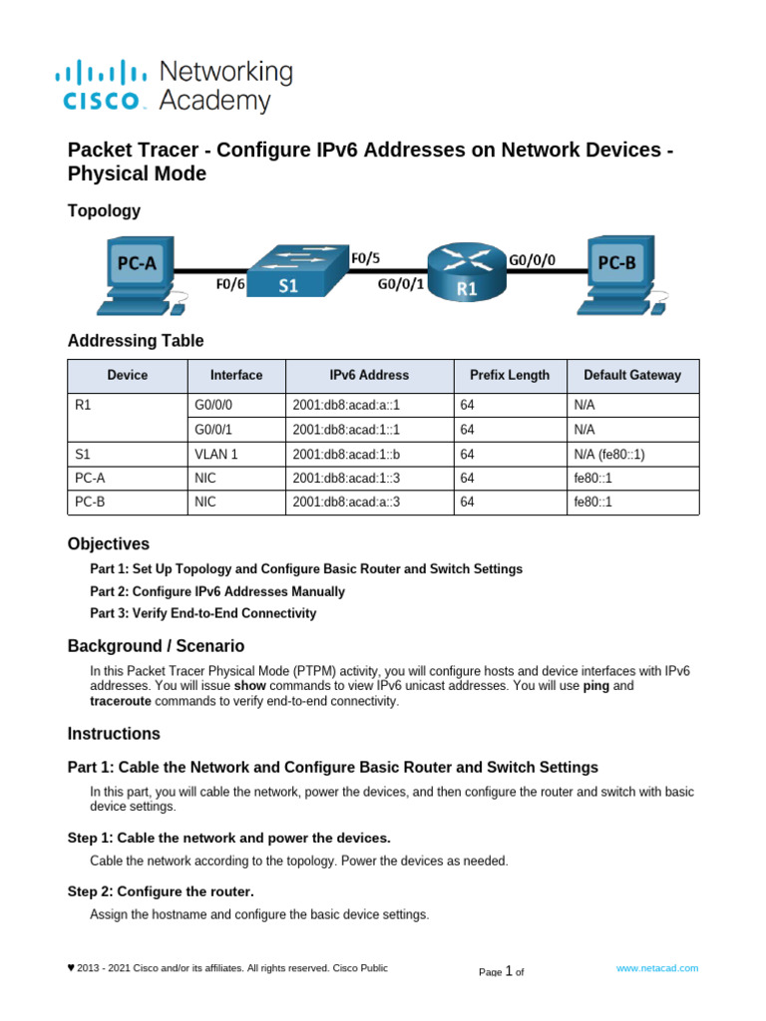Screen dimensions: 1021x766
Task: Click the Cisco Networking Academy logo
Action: pyautogui.click(x=174, y=86)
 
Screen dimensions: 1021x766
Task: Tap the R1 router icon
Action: pyautogui.click(x=467, y=270)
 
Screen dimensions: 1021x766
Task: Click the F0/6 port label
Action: pyautogui.click(x=231, y=283)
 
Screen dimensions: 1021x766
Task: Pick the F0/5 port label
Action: pyautogui.click(x=366, y=257)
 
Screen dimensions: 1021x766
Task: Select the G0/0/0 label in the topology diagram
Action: pyautogui.click(x=533, y=259)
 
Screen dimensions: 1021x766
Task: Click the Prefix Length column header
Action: pyautogui.click(x=509, y=376)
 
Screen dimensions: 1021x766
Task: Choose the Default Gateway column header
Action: pyautogui.click(x=632, y=376)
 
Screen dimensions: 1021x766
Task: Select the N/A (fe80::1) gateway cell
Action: pyautogui.click(x=610, y=454)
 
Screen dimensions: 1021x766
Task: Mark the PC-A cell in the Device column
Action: pyautogui.click(x=91, y=479)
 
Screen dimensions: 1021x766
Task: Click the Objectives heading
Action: pyautogui.click(x=109, y=544)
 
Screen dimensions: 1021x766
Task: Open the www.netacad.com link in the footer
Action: pyautogui.click(x=657, y=968)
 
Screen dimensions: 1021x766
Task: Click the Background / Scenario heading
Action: pyautogui.click(x=156, y=646)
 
